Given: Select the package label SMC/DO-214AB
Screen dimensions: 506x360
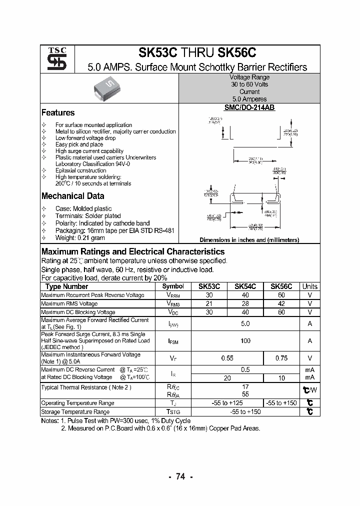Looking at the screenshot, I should coord(249,107).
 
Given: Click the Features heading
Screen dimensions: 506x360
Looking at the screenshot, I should coord(58,113).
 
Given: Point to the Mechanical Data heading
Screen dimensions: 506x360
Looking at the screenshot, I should coord(72,196).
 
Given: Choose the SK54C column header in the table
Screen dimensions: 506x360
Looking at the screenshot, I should coord(245,286).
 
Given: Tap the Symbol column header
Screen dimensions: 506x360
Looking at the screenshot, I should coord(173,286).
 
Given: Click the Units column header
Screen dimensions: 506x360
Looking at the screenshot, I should coord(309,286).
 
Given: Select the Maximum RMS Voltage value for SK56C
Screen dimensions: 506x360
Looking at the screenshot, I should coord(281,303).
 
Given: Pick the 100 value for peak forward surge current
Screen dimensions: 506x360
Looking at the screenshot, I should coord(245,341).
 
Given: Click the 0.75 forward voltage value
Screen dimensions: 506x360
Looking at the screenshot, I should coord(281,358).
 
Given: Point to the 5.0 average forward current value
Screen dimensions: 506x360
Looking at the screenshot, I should coord(245,323).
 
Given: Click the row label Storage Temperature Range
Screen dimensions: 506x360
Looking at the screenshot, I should coord(75,412).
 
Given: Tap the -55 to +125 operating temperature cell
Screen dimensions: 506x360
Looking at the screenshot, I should coord(227,403).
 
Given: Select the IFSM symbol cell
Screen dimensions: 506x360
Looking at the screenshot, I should coord(173,341).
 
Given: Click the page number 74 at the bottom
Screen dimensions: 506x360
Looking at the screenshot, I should coord(180,477).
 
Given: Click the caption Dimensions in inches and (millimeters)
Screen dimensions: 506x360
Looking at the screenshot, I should coord(249,240).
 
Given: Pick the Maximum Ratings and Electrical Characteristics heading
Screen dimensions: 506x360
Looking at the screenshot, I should coord(133,252).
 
